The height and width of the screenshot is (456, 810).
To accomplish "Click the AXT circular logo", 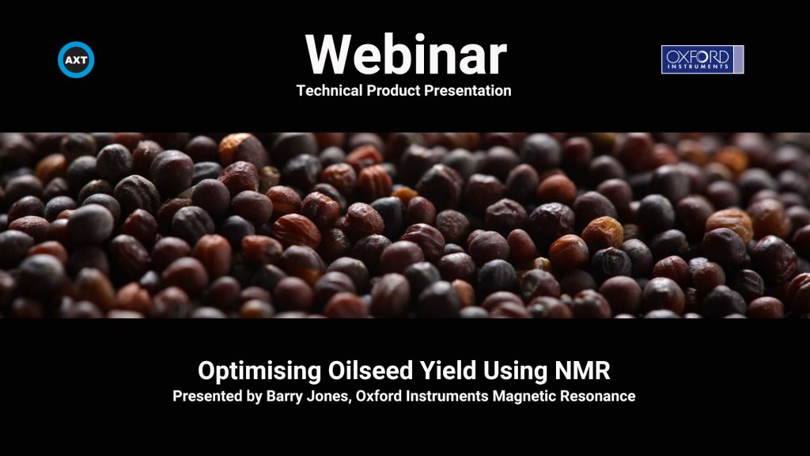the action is click(x=76, y=59).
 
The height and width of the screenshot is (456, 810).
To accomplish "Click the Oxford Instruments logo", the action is click(x=702, y=59).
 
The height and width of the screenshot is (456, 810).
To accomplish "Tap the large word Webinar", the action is click(x=406, y=55).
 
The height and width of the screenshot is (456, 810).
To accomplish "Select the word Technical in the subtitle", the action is click(x=330, y=90).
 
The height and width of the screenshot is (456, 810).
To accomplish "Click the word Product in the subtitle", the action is click(x=393, y=90).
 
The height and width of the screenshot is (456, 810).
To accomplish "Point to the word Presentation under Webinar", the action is click(x=467, y=90).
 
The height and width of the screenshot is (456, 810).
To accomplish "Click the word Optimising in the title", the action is click(x=259, y=371).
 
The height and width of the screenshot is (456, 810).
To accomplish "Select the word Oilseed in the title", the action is click(x=370, y=370).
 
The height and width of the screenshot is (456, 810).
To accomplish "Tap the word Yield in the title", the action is click(x=448, y=370).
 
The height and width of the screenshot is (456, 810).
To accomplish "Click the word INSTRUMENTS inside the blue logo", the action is click(x=698, y=66).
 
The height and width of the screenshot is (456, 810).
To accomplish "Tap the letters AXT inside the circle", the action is click(x=76, y=60).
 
